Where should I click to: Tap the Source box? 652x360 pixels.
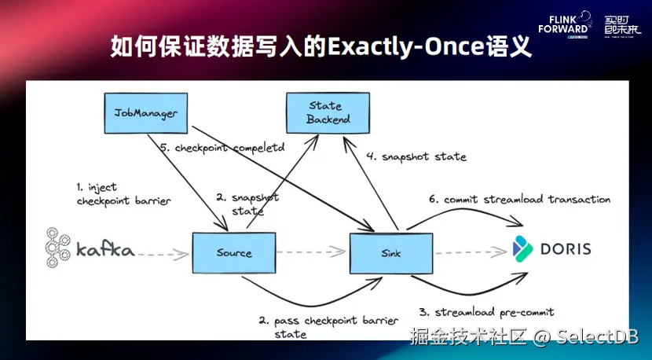point(233,252)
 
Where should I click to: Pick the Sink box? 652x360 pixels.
point(391,252)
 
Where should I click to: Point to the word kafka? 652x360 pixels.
point(105,251)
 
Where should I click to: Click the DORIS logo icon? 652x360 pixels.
point(523,248)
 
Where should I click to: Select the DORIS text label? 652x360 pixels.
point(564,249)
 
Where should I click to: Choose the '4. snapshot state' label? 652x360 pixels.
point(416,156)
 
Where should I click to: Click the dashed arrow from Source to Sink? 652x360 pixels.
point(312,253)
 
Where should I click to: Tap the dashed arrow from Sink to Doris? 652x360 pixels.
point(469,253)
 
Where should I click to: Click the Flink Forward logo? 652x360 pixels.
point(564,24)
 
